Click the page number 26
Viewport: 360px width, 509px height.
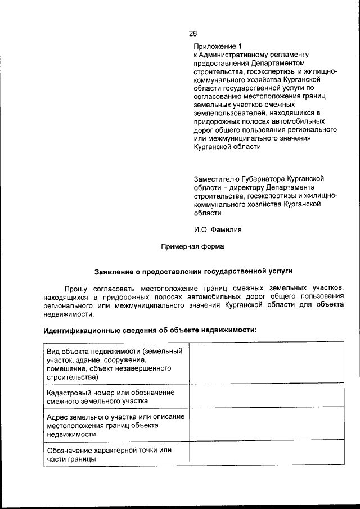193,33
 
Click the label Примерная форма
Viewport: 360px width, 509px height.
192,246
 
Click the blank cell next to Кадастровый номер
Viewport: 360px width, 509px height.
266,397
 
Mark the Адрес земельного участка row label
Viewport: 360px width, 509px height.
116,425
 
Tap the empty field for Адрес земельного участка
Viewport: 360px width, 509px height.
266,425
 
